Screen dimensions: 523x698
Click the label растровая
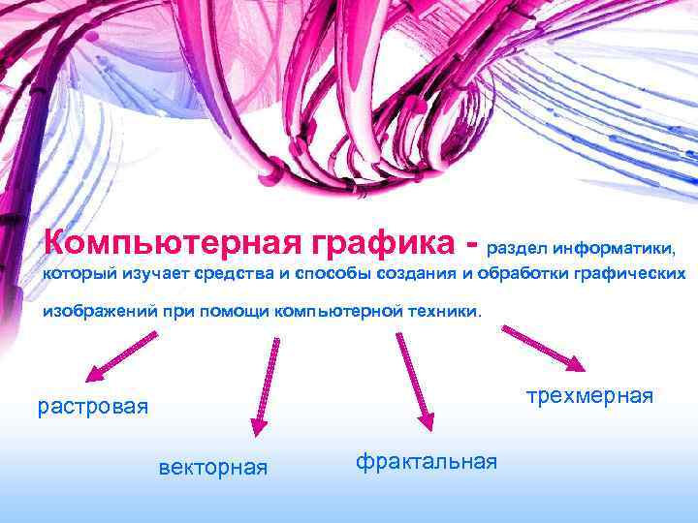(93, 406)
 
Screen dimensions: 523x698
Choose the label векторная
(212, 468)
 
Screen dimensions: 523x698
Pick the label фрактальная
(427, 461)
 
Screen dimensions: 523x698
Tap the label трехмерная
(590, 396)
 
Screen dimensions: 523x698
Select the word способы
(333, 274)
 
